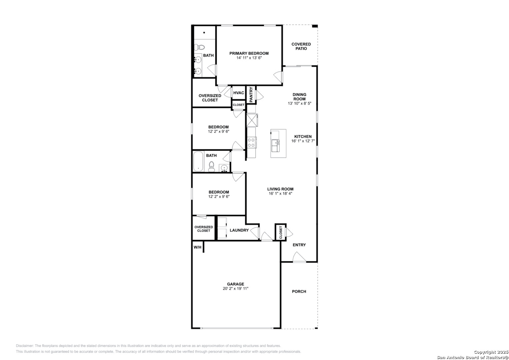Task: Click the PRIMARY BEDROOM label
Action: [x=249, y=53]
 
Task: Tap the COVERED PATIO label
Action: [x=301, y=46]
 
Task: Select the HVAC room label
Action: [x=239, y=93]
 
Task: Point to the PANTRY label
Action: [x=251, y=95]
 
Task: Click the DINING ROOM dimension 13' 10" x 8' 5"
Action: [x=299, y=103]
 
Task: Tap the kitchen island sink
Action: [x=276, y=146]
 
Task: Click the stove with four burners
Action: [x=252, y=143]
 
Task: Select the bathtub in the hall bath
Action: [x=198, y=161]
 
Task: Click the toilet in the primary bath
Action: [x=199, y=47]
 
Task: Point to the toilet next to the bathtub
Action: [x=212, y=166]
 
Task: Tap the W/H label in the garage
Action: [x=197, y=247]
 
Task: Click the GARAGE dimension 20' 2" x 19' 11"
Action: [x=236, y=289]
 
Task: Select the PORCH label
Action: [x=299, y=291]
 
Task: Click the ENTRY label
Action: [x=299, y=245]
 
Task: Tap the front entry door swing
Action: [x=299, y=257]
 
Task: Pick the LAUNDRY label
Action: [x=239, y=230]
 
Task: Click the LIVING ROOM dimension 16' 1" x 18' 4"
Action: [x=280, y=194]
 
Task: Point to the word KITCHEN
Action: [x=303, y=137]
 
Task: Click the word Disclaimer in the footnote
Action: [x=25, y=346]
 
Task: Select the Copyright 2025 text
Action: [x=491, y=352]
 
